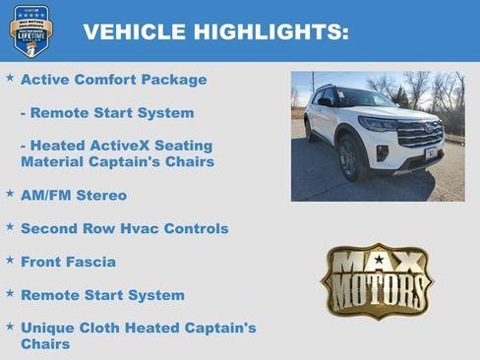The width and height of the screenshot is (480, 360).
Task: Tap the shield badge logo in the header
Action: click(30, 30)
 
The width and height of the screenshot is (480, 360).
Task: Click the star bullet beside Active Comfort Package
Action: click(10, 77)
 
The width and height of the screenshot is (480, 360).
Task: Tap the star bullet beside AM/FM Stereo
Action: click(10, 193)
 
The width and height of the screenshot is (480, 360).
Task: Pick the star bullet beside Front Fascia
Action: click(10, 260)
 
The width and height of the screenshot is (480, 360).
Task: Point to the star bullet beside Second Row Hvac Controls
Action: click(10, 226)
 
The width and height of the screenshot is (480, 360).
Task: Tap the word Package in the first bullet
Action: click(173, 79)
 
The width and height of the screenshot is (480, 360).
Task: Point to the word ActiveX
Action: click(116, 146)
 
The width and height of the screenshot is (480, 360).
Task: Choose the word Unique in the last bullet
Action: click(50, 329)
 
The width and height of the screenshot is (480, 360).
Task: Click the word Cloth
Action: click(110, 329)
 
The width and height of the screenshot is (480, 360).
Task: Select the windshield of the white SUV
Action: click(365, 99)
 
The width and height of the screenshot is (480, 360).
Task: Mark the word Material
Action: click(54, 161)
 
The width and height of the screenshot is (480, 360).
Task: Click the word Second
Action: click(51, 228)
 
